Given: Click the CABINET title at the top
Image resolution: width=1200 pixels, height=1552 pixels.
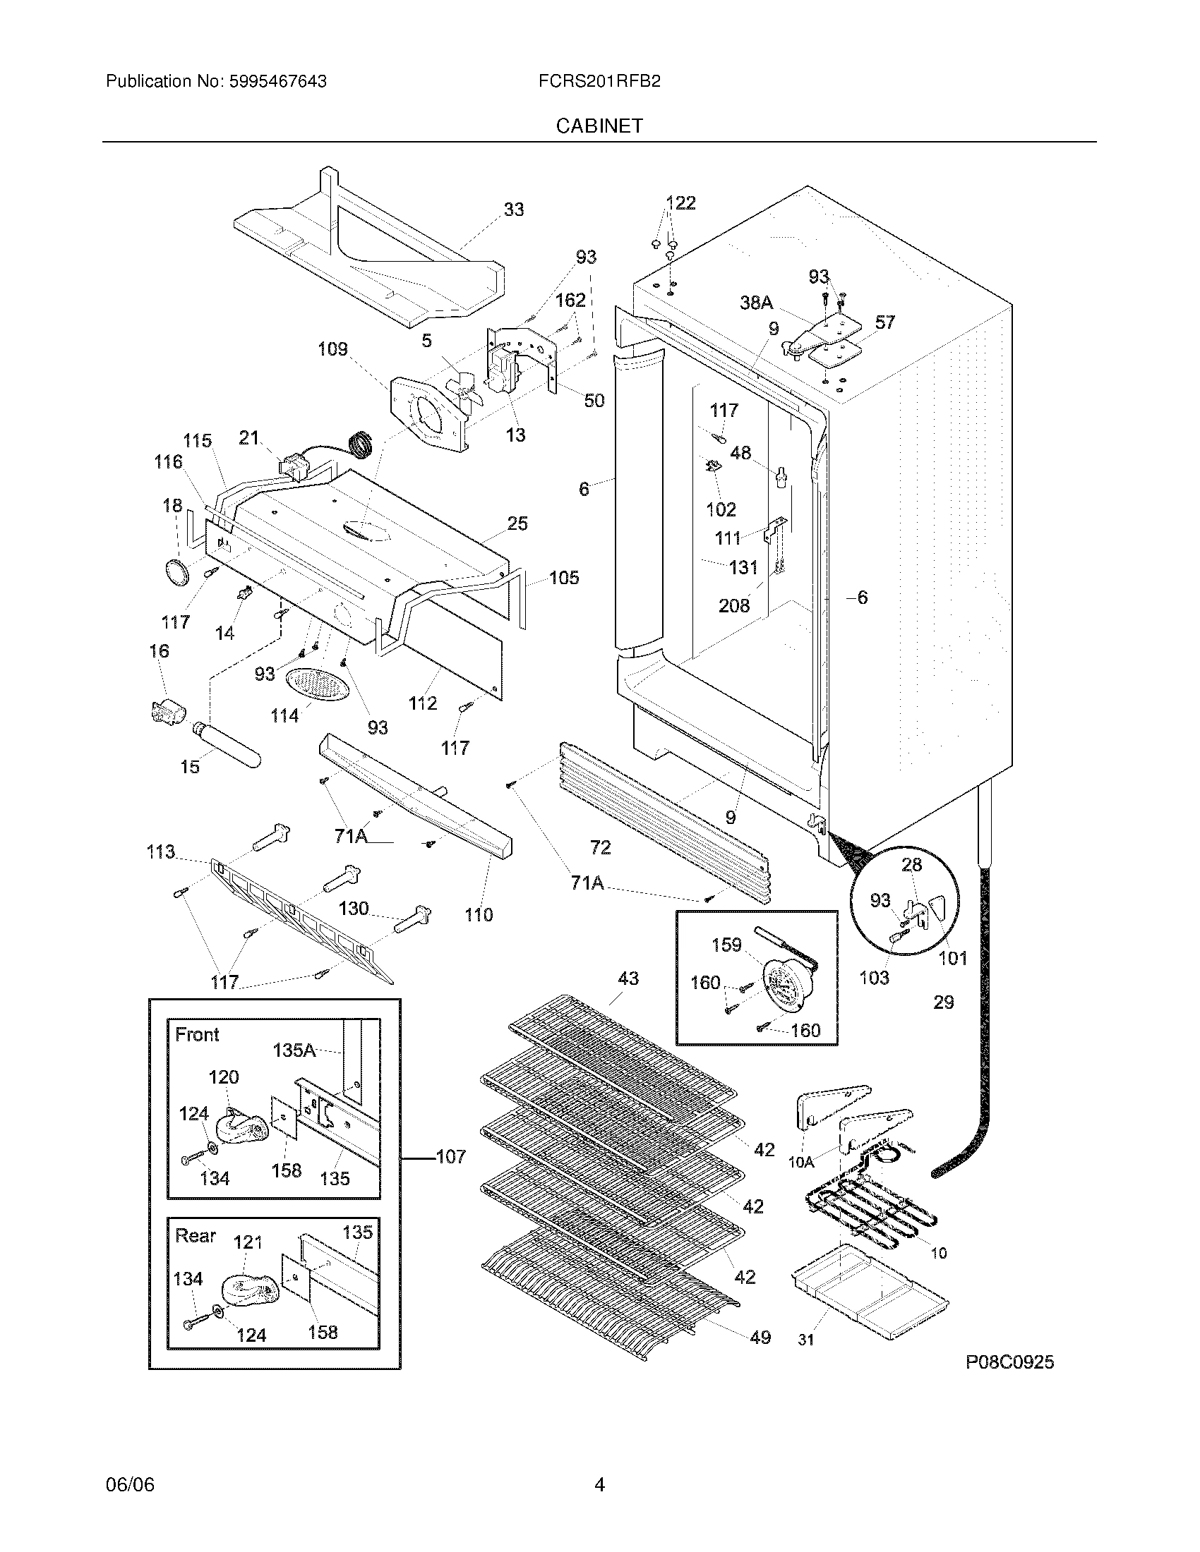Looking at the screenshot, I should [599, 126].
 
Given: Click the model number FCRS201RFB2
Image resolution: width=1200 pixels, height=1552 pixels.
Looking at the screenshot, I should [599, 81].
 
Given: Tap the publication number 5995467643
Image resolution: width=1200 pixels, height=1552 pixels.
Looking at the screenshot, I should [278, 81].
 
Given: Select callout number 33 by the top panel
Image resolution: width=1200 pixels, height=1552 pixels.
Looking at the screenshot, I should [513, 210].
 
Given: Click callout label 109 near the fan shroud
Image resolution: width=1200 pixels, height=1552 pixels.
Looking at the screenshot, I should [332, 349].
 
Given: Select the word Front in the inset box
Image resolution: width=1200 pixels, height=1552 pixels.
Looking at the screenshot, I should [197, 1035].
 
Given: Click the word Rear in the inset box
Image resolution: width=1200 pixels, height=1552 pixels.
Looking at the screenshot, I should [195, 1235].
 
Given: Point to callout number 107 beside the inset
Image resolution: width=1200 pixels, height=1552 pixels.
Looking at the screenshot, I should [450, 1157].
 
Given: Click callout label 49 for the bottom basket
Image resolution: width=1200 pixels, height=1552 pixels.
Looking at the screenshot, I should [760, 1338].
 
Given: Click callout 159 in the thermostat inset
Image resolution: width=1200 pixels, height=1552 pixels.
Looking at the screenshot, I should [726, 945].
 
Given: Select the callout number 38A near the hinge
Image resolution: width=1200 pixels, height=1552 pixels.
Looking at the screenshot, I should [756, 303].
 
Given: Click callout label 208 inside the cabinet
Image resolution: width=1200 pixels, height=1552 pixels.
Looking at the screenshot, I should [733, 605].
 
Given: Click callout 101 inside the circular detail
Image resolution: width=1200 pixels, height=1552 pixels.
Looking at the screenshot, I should [953, 958].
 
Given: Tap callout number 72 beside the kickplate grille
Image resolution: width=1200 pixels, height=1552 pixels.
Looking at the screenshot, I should [600, 847].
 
